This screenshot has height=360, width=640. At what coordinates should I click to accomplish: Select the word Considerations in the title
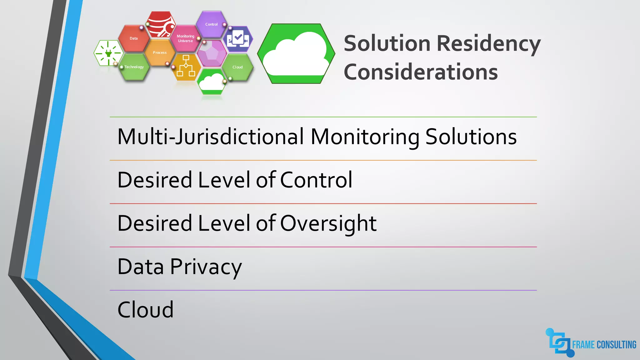coord(421,72)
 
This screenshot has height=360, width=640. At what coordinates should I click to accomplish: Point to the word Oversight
coord(328,223)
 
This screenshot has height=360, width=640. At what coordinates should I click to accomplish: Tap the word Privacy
coord(206,267)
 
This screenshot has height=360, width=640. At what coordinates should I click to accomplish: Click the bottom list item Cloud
coord(145,310)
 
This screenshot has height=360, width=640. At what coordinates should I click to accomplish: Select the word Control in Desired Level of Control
coord(316,180)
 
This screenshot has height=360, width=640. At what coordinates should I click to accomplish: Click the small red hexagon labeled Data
coord(134,38)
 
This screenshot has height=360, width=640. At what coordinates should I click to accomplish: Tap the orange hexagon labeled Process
coord(160,52)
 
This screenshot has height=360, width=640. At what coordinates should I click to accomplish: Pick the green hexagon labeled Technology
coord(134,67)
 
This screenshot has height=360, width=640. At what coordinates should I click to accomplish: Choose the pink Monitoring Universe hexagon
coord(185,38)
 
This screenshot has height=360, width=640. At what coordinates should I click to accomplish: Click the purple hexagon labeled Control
coord(212,24)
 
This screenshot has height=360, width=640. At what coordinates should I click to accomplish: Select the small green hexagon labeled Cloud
coord(237,67)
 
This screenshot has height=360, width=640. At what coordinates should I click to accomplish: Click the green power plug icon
coord(108,53)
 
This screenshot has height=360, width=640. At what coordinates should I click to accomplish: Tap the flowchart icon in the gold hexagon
coord(186,66)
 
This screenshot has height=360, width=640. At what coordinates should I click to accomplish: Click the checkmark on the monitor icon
coord(238,37)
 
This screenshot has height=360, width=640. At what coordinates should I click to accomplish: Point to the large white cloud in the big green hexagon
coord(296,55)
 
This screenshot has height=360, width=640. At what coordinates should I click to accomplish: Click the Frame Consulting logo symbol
coord(560,343)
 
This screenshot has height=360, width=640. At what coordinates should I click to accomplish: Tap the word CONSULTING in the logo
coord(616,345)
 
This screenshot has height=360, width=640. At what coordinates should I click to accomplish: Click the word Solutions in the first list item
coord(471,137)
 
